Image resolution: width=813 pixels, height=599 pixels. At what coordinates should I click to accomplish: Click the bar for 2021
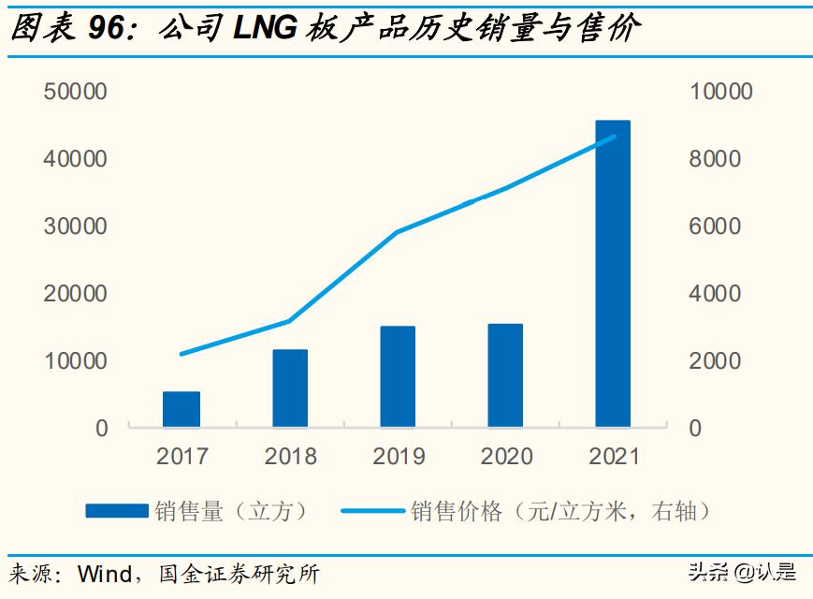[613, 273]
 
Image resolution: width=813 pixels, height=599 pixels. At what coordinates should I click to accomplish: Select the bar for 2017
[181, 409]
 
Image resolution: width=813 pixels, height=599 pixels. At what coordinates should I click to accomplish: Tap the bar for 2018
[290, 388]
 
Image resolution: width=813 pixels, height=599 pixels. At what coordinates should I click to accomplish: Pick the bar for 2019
[398, 376]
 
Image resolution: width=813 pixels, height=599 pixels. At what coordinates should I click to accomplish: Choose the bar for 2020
[505, 375]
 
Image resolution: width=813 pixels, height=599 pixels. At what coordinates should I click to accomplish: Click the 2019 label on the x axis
[399, 457]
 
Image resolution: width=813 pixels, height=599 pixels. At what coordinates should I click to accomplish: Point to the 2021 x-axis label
[615, 457]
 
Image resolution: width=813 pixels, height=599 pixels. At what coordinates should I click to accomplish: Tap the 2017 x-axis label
[182, 457]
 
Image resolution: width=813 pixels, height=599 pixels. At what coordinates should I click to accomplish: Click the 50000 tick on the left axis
[75, 92]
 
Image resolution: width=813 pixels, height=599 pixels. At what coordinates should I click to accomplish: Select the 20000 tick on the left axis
[75, 294]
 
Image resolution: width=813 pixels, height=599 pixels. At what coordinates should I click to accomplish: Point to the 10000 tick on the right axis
[720, 92]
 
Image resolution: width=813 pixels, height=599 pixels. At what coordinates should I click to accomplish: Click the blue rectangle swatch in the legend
[117, 511]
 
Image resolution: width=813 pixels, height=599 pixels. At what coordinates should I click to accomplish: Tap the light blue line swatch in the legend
[374, 511]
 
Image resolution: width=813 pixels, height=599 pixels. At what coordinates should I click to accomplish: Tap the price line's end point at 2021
[614, 138]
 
